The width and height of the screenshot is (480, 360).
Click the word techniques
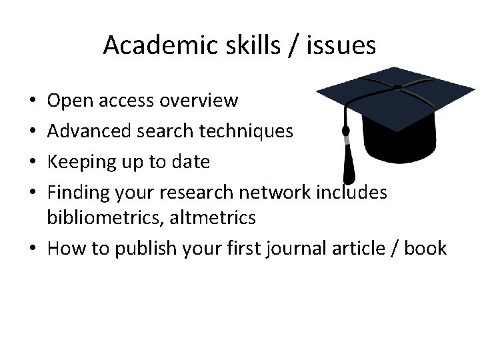point(247,131)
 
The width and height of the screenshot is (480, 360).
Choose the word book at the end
point(425,249)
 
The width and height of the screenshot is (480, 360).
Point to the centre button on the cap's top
point(397,87)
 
